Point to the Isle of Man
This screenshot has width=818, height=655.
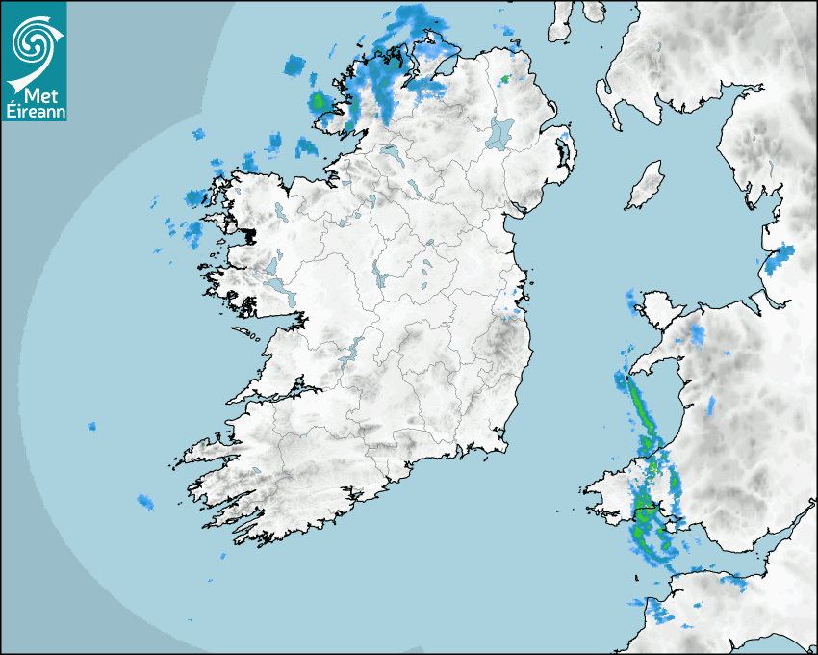tap(645, 185)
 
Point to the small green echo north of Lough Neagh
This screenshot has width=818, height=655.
tap(505, 78)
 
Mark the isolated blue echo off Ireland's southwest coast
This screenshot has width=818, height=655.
tap(144, 501)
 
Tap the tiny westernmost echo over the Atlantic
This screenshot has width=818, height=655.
tap(92, 425)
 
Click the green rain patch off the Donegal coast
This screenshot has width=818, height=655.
tap(319, 100)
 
